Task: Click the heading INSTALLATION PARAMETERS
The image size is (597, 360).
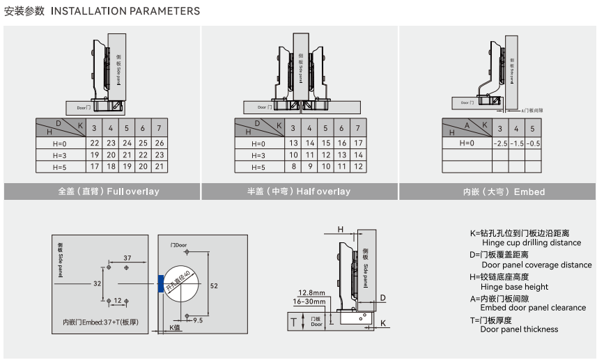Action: pyautogui.click(x=125, y=11)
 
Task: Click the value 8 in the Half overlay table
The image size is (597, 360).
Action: pyautogui.click(x=292, y=167)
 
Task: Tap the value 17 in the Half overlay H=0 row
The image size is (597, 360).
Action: pyautogui.click(x=358, y=143)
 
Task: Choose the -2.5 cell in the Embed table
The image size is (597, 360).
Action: pyautogui.click(x=499, y=143)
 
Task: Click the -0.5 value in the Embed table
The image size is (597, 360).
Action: pyautogui.click(x=533, y=143)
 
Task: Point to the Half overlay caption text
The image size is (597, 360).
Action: pyautogui.click(x=298, y=191)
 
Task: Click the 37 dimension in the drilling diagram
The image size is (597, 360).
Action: pyautogui.click(x=127, y=258)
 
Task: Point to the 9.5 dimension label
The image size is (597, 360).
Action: pyautogui.click(x=198, y=320)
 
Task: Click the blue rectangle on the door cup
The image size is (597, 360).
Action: pyautogui.click(x=162, y=283)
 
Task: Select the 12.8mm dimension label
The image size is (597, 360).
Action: pyautogui.click(x=311, y=292)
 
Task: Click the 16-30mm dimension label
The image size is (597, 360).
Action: pyautogui.click(x=309, y=302)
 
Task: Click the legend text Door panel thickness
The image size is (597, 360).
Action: pyautogui.click(x=519, y=329)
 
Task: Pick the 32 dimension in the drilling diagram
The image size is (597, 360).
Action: pyautogui.click(x=98, y=283)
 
